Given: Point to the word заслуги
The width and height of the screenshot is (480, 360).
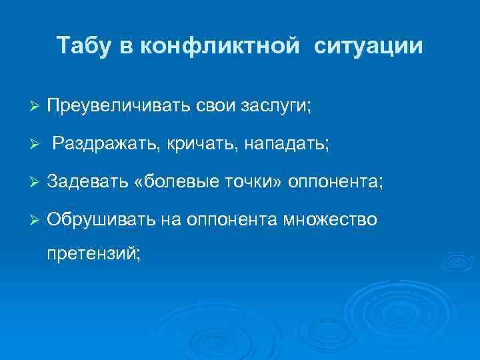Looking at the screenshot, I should tap(278, 107).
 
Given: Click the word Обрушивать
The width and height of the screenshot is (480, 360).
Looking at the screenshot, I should tap(100, 220).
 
